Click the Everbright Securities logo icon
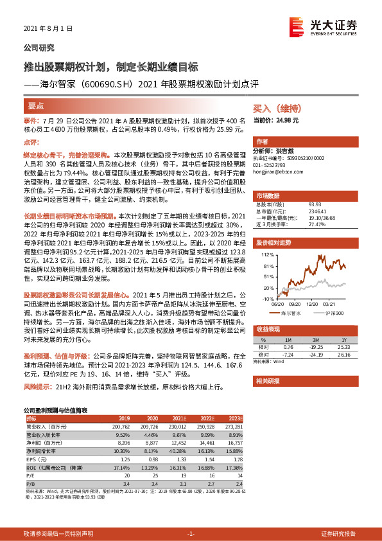[x=295, y=26]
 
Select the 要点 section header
[x=36, y=105]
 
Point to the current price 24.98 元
[x=285, y=120]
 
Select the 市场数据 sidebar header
[x=268, y=195]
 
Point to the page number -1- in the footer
[x=191, y=534]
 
